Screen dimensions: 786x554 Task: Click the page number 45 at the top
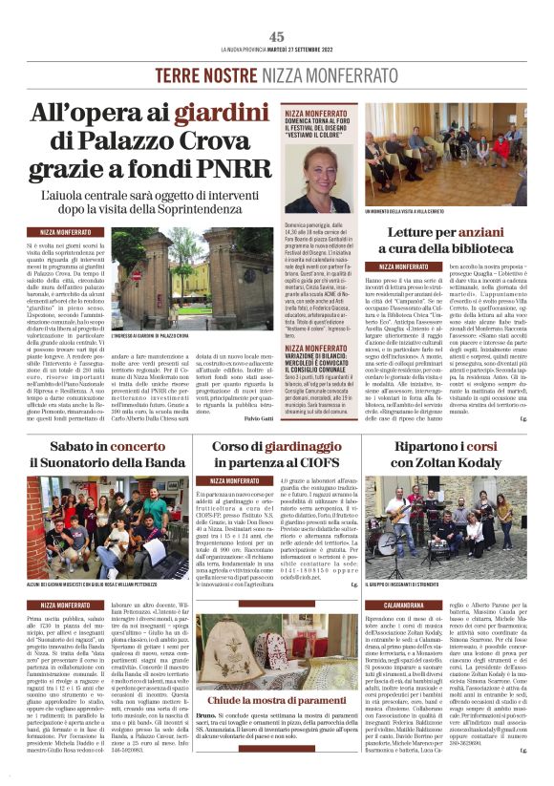277,35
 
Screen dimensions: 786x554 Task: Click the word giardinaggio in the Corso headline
303,447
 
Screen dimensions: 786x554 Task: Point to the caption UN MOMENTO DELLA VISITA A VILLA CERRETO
416,210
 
